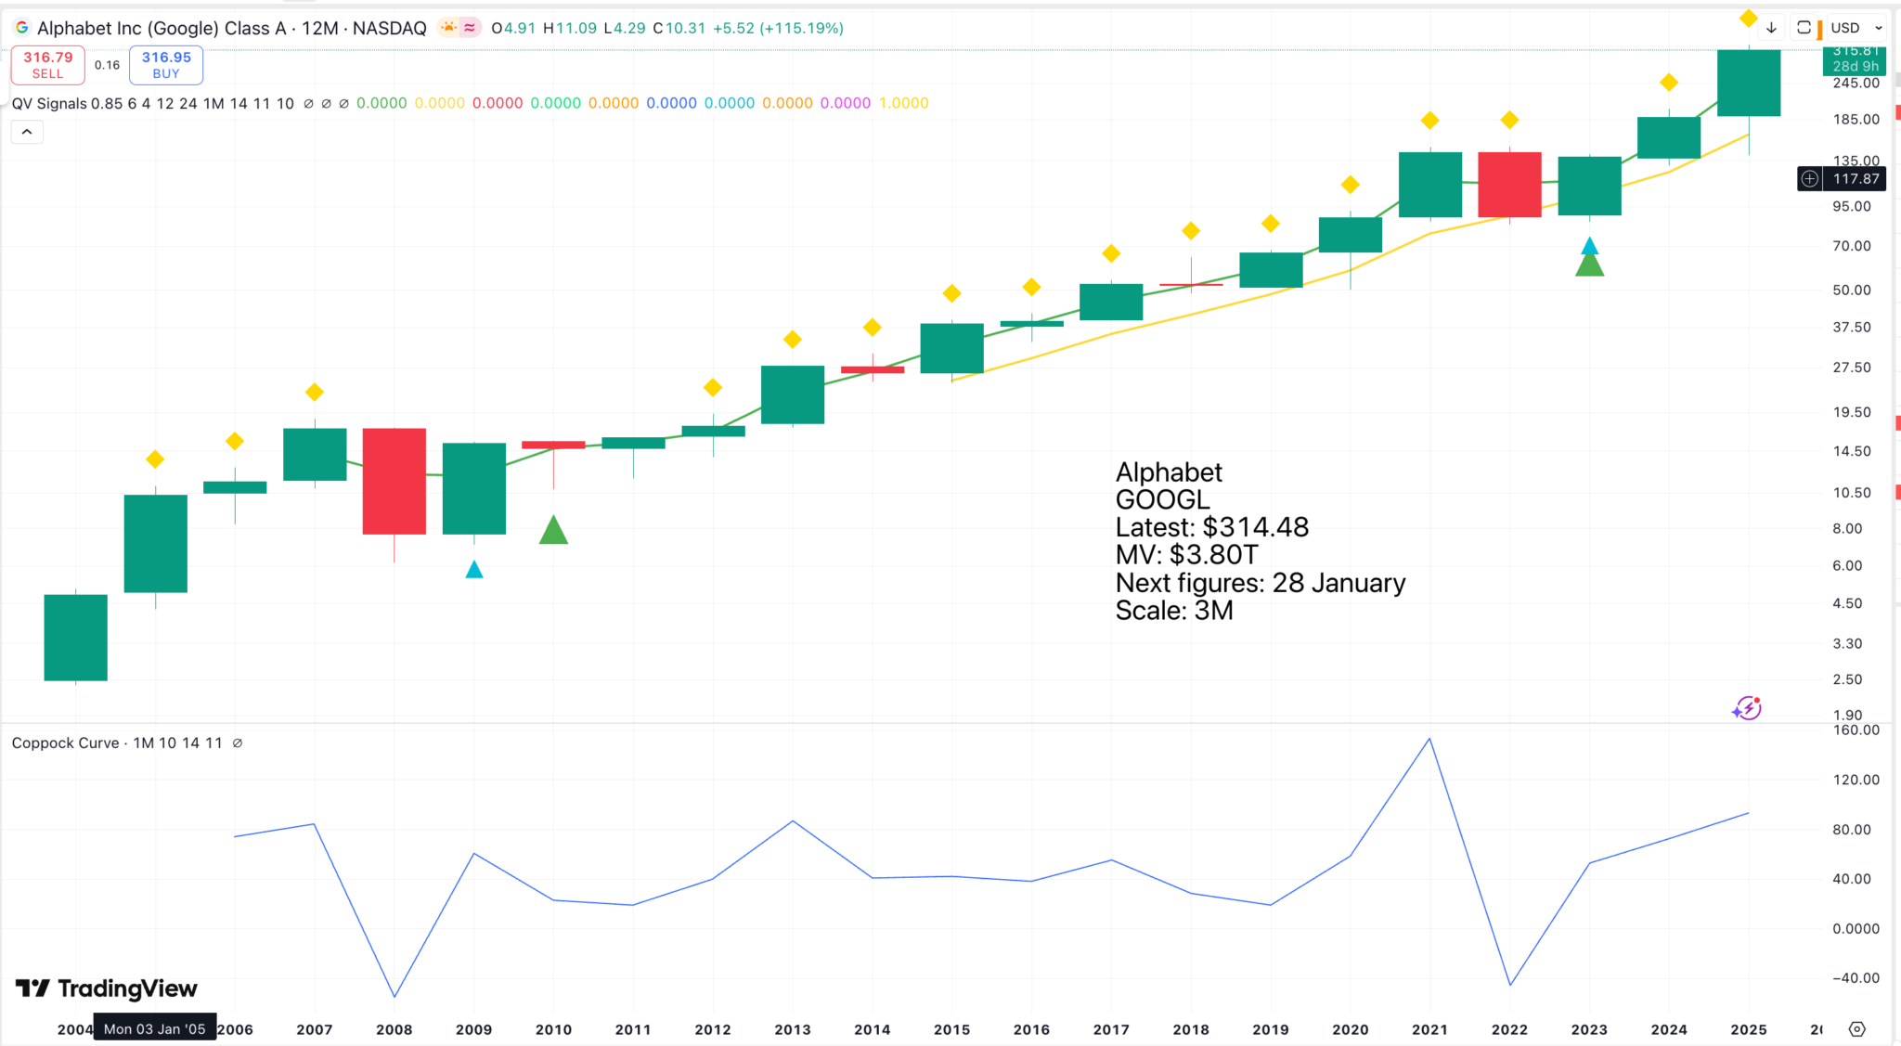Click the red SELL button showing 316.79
(x=47, y=65)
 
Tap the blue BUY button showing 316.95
(x=166, y=65)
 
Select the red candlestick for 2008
(x=394, y=481)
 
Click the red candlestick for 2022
(x=1509, y=185)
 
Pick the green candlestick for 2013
(x=793, y=394)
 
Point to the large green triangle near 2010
(x=553, y=531)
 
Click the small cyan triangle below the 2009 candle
(x=474, y=570)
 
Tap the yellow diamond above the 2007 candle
(x=315, y=393)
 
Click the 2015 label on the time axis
(x=951, y=1029)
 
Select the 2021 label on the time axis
(x=1429, y=1029)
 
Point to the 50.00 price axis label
(x=1852, y=290)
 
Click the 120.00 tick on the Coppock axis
(x=1856, y=780)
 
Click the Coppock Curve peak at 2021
(x=1429, y=739)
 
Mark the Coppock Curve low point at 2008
(x=394, y=997)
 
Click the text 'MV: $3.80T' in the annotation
(x=1186, y=555)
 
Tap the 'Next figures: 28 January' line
(x=1260, y=583)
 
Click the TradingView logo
(x=107, y=988)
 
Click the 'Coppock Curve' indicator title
(x=66, y=743)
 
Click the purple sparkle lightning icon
(x=1746, y=709)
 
